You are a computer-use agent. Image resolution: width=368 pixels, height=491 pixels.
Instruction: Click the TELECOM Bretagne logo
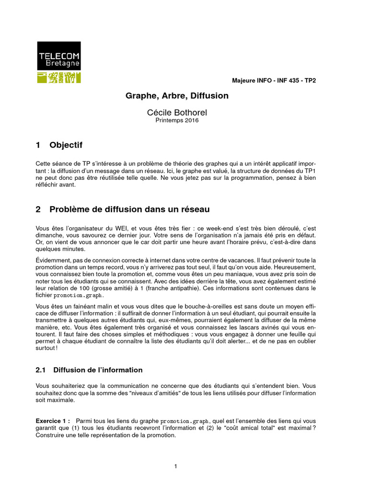59,56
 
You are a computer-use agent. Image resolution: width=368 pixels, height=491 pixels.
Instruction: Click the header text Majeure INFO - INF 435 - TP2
274,80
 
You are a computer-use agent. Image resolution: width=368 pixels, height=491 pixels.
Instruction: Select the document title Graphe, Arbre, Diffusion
177,96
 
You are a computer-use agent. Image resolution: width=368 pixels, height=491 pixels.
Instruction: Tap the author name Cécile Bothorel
177,112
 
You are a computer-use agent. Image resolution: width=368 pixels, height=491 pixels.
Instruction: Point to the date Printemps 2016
177,120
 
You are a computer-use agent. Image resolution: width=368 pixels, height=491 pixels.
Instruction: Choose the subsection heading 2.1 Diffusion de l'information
89,370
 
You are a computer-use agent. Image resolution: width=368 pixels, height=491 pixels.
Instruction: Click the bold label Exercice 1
53,421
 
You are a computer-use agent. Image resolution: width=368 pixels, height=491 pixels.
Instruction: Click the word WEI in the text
116,229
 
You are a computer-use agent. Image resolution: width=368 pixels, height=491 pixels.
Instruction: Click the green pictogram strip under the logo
59,77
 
